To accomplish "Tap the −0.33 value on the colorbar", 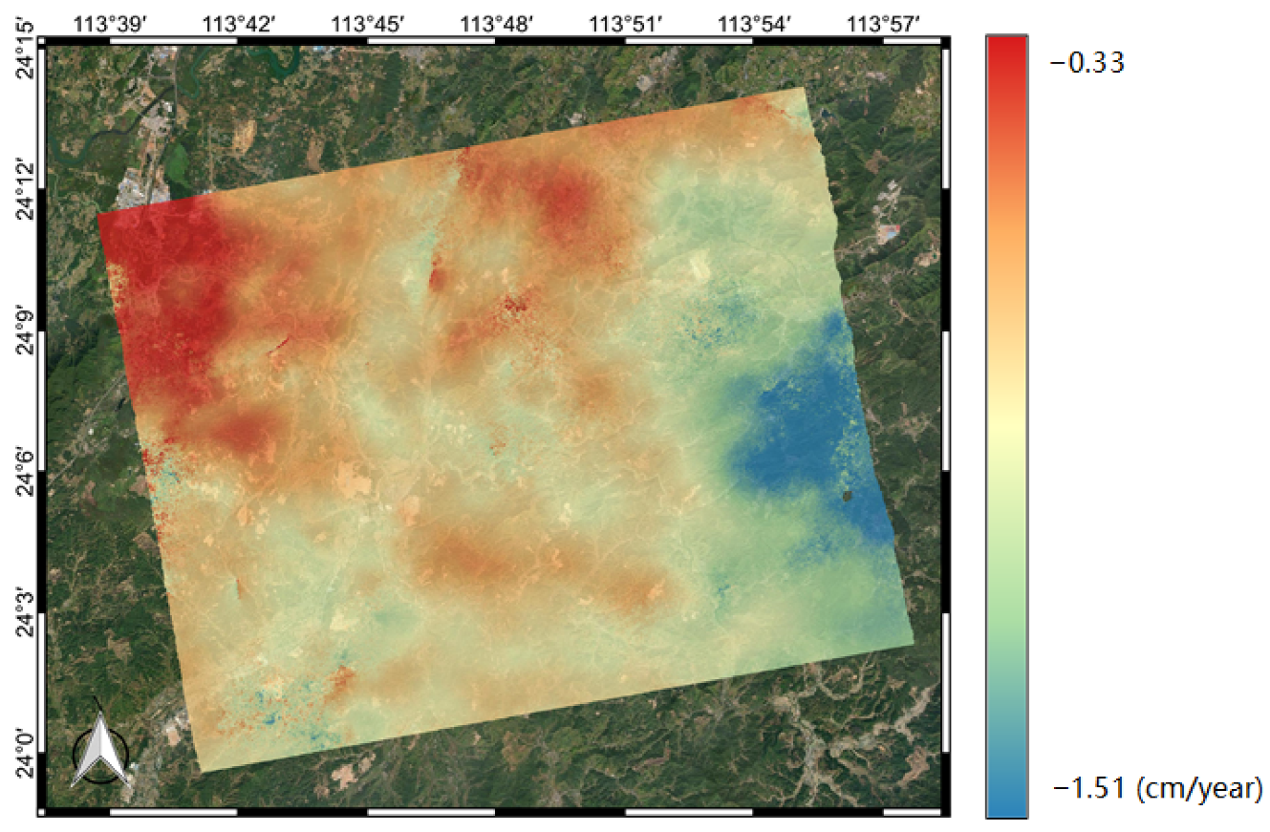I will point(1087,64).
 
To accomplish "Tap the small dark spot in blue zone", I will point(850,495).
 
